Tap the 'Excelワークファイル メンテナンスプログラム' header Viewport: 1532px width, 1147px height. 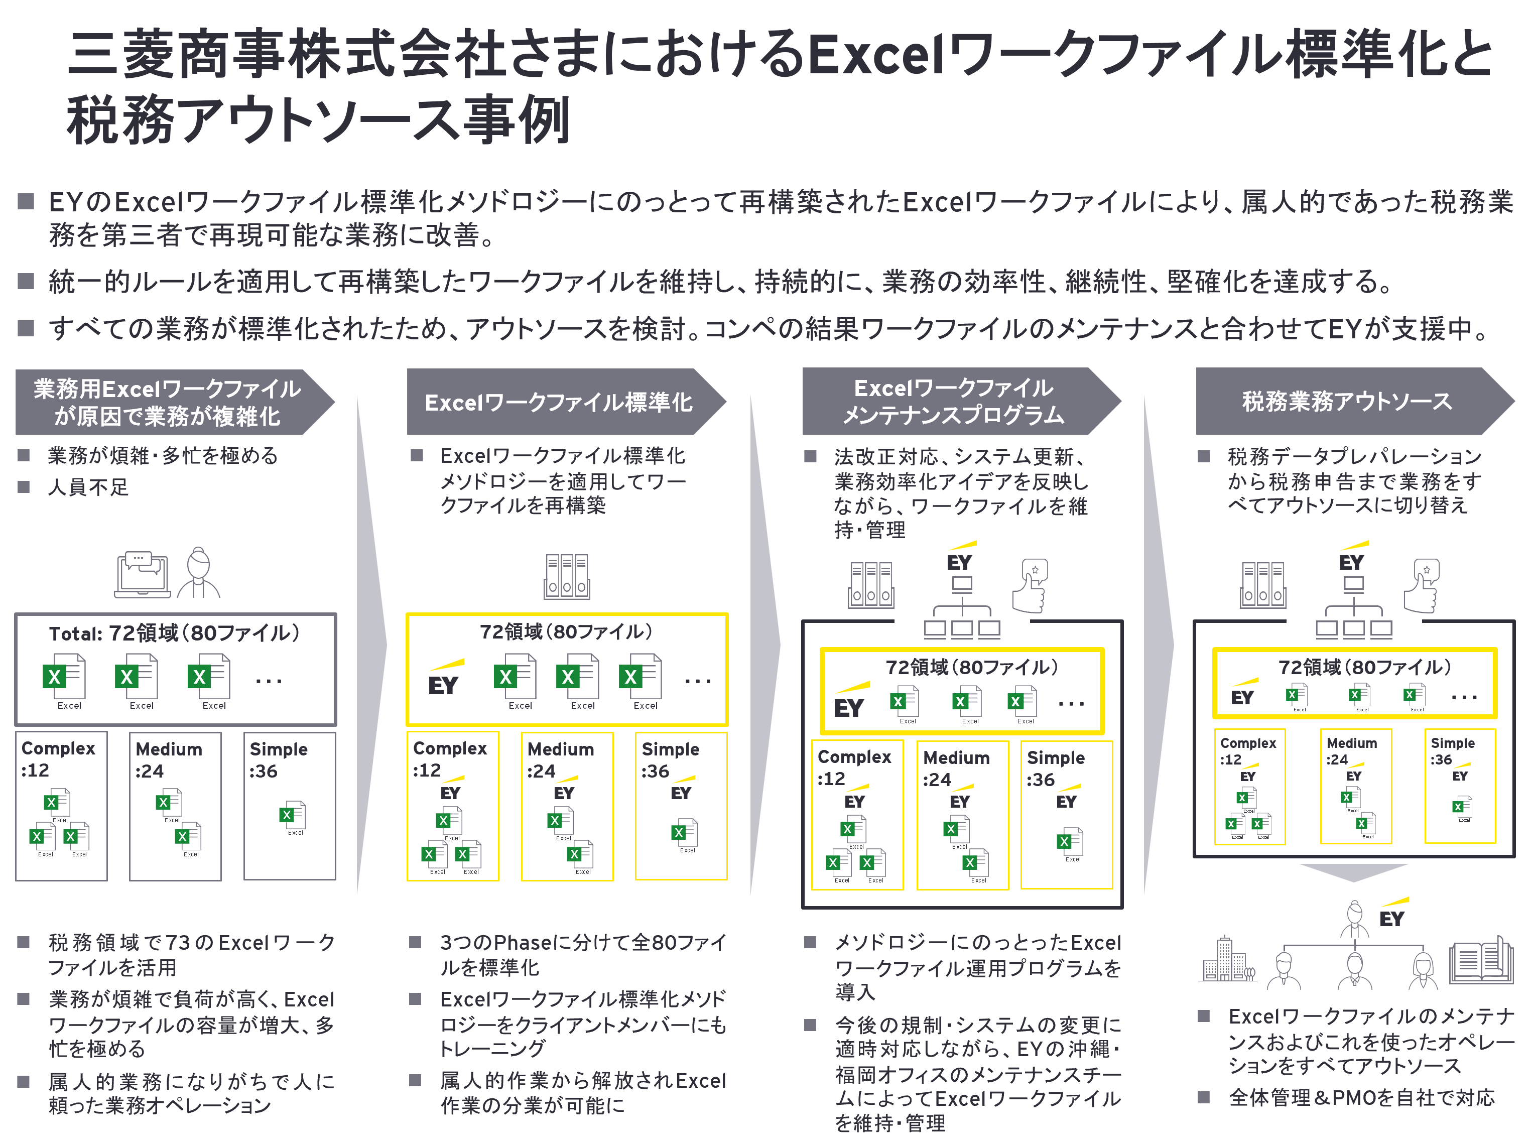coord(953,402)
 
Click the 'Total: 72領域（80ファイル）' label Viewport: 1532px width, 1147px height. coord(175,633)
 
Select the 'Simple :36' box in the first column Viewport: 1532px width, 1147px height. coord(290,806)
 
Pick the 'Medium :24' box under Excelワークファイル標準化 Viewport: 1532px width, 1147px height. coord(567,806)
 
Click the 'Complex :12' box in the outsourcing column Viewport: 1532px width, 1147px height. coord(1249,787)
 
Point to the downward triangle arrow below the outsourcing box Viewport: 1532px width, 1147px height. coord(1353,872)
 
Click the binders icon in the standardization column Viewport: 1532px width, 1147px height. coord(567,576)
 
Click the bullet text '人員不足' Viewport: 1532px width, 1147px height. coord(88,487)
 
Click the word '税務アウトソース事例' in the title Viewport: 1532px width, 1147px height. coord(319,120)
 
